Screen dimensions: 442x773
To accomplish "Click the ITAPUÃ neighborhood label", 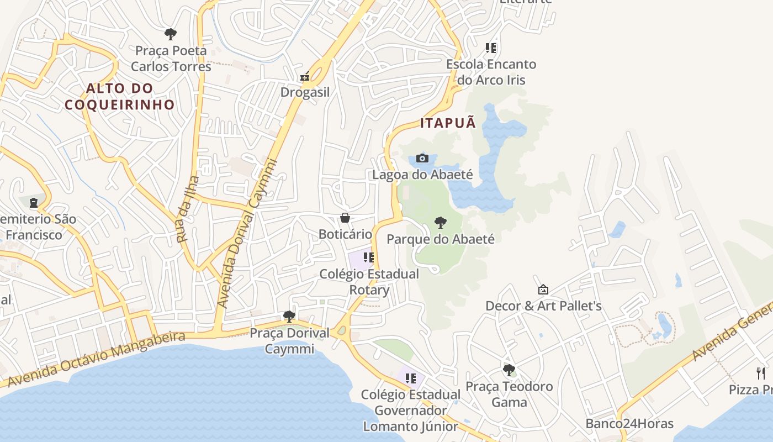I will click(x=448, y=123).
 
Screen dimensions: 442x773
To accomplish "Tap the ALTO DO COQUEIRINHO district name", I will click(x=119, y=96).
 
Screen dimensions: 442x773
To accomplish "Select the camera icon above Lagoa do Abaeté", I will click(x=422, y=159).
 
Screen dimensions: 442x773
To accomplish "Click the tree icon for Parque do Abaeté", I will click(x=440, y=223).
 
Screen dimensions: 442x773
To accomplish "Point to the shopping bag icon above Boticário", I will click(x=345, y=218).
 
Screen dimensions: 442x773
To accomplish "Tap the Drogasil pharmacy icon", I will click(x=305, y=77).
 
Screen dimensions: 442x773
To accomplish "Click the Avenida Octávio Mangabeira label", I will click(x=96, y=359).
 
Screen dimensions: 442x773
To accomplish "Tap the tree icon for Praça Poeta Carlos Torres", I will click(x=171, y=34).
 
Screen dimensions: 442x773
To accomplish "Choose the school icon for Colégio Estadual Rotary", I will click(x=369, y=257).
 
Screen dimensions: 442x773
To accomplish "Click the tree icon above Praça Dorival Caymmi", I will click(x=289, y=317).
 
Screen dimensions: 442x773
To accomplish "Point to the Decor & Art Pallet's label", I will click(x=543, y=306).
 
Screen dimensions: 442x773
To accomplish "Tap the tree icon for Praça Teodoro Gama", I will click(x=509, y=370).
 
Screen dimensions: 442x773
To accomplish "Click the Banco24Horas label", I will click(x=629, y=424).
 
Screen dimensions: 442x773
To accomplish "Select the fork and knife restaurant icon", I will click(x=761, y=373).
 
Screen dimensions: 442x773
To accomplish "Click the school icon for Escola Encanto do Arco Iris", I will click(x=491, y=48).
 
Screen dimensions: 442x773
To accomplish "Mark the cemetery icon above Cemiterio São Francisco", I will click(x=34, y=203).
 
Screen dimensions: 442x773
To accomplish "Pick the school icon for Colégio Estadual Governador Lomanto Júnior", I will click(x=410, y=378).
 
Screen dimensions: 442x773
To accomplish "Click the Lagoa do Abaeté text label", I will click(x=422, y=175).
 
